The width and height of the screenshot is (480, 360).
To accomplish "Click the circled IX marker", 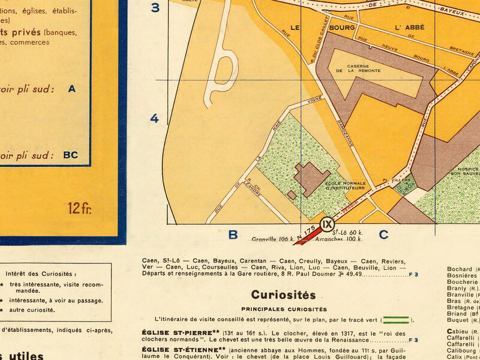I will click(327, 224).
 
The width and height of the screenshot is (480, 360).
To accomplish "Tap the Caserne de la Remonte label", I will click(366, 69).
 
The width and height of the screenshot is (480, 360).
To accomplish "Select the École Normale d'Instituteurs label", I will click(345, 185).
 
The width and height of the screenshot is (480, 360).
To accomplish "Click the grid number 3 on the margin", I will click(155, 8).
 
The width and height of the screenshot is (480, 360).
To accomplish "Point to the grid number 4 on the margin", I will click(154, 118).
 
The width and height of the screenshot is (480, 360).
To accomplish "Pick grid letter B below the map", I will click(233, 235).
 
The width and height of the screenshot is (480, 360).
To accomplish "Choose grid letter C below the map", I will click(383, 235).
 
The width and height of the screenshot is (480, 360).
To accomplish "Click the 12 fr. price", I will click(79, 209).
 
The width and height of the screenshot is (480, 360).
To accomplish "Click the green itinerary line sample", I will click(396, 320).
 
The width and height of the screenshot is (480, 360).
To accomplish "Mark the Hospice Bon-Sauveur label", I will click(467, 171).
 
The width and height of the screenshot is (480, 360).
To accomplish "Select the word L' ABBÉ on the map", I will click(410, 27).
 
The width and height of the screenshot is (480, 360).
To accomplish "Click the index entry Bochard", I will click(460, 269).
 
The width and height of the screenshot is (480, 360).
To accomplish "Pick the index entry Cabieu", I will click(460, 331).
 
